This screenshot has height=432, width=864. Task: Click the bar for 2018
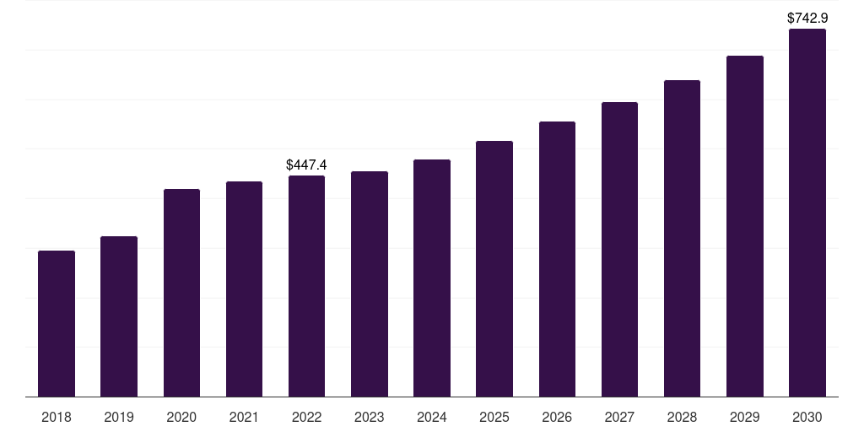57,324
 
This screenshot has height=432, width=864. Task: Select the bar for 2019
119,316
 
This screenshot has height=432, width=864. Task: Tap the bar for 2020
181,293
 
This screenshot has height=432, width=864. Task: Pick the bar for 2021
244,289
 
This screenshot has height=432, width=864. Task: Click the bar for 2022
306,286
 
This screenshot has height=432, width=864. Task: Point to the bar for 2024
432,278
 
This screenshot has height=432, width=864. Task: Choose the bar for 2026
557,259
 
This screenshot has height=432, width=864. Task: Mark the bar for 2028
682,239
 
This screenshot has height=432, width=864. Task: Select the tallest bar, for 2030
807,213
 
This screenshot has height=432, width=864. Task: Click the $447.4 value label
306,165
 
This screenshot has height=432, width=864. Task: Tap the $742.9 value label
807,18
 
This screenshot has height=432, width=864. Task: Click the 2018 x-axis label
57,417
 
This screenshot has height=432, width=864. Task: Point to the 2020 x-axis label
181,417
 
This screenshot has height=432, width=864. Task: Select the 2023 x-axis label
370,417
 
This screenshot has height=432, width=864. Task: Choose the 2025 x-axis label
494,417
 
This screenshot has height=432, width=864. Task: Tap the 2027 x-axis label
619,417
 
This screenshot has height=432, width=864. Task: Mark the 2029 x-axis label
745,417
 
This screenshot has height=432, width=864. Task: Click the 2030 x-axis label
807,417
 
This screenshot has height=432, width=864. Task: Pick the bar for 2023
370,284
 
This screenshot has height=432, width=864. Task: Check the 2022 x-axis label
306,417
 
